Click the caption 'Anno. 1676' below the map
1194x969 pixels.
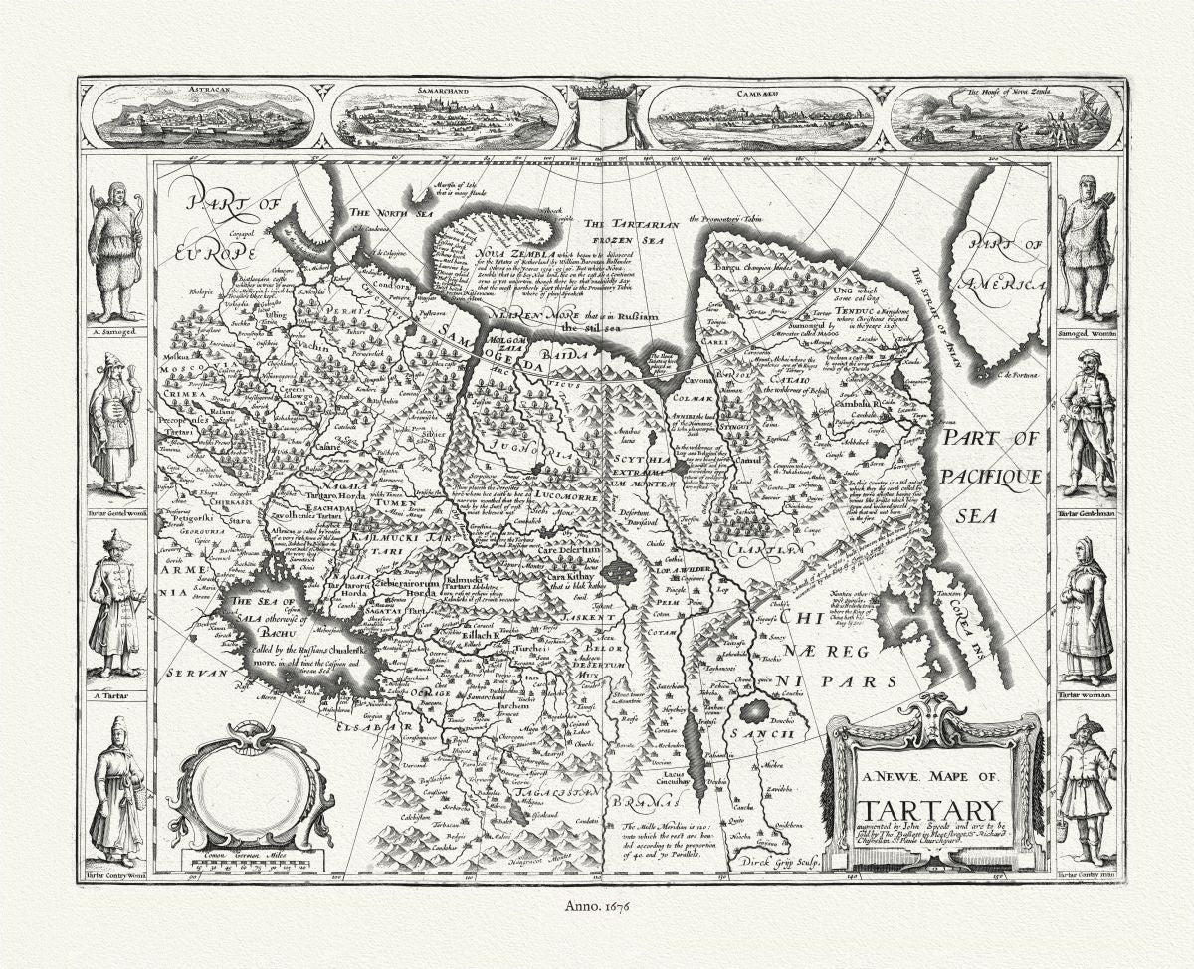click(598, 905)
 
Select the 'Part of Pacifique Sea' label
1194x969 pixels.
click(991, 477)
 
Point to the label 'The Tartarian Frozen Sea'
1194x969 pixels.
click(631, 232)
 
